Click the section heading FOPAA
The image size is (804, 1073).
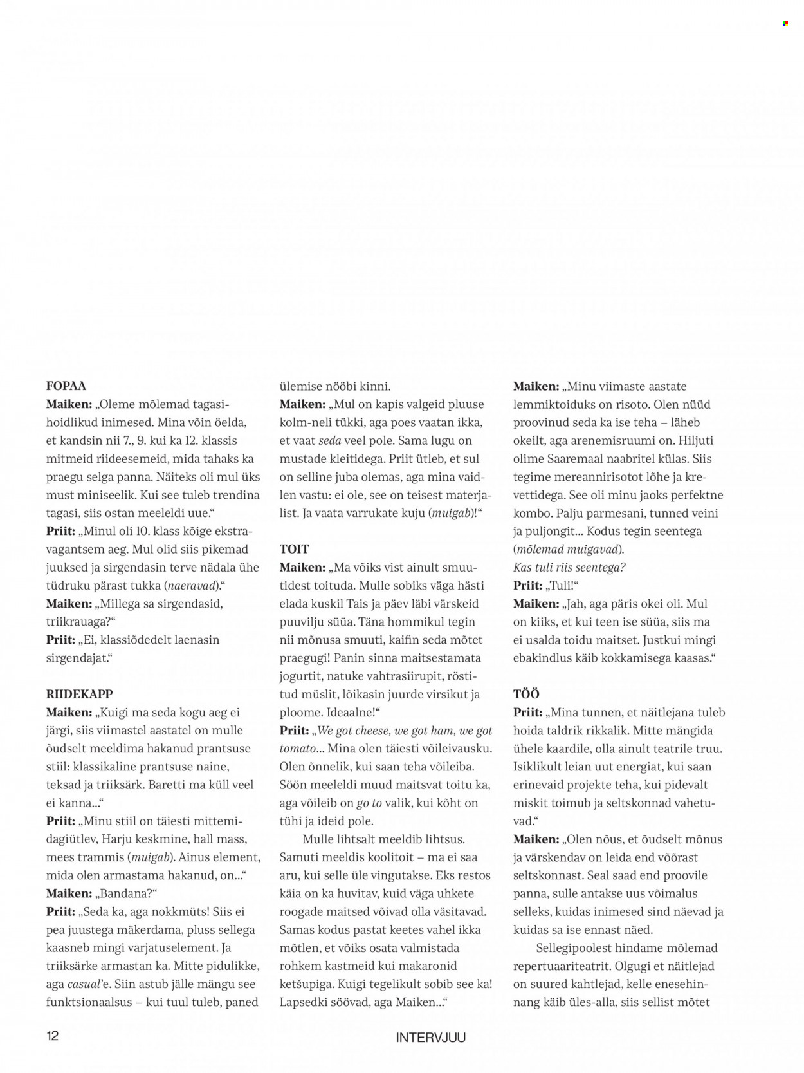pyautogui.click(x=66, y=386)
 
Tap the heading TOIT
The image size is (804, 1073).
pyautogui.click(x=294, y=549)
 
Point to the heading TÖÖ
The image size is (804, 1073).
pyautogui.click(x=526, y=694)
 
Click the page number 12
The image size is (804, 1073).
pyautogui.click(x=52, y=1036)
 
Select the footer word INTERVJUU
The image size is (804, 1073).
pyautogui.click(x=430, y=1038)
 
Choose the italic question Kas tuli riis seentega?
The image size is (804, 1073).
pyautogui.click(x=569, y=567)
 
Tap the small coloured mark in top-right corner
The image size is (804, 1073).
pyautogui.click(x=785, y=24)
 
